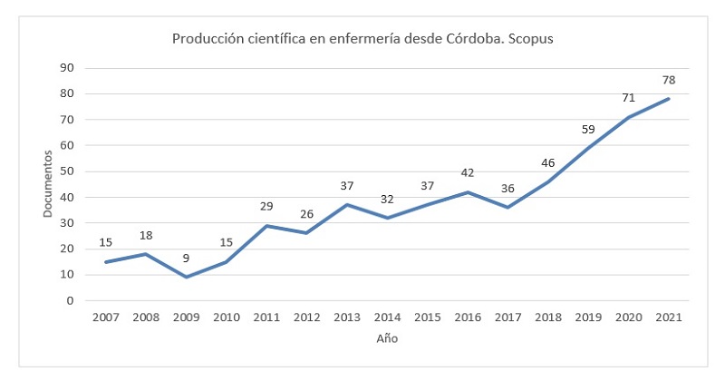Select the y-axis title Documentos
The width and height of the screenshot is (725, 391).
point(48,185)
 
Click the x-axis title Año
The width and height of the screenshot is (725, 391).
point(387,338)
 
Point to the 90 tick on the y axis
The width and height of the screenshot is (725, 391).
point(67,67)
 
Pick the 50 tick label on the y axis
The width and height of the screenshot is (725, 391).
point(67,171)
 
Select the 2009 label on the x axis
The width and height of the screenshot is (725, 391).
point(187,318)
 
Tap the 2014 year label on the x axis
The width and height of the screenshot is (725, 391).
point(387,318)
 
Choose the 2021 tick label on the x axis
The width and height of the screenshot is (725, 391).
point(669,318)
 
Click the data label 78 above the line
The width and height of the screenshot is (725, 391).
point(669,80)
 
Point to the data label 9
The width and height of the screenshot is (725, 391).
point(187,259)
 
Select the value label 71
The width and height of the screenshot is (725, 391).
point(628,98)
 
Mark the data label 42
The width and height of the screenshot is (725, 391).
point(468,172)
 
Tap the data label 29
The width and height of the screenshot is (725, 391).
point(266,207)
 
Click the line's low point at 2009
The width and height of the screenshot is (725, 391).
point(187,277)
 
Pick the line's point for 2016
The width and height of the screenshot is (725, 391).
point(468,191)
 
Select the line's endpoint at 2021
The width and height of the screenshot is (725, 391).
point(669,98)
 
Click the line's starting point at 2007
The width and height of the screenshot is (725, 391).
point(106,261)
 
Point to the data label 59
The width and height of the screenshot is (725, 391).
point(588,129)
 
